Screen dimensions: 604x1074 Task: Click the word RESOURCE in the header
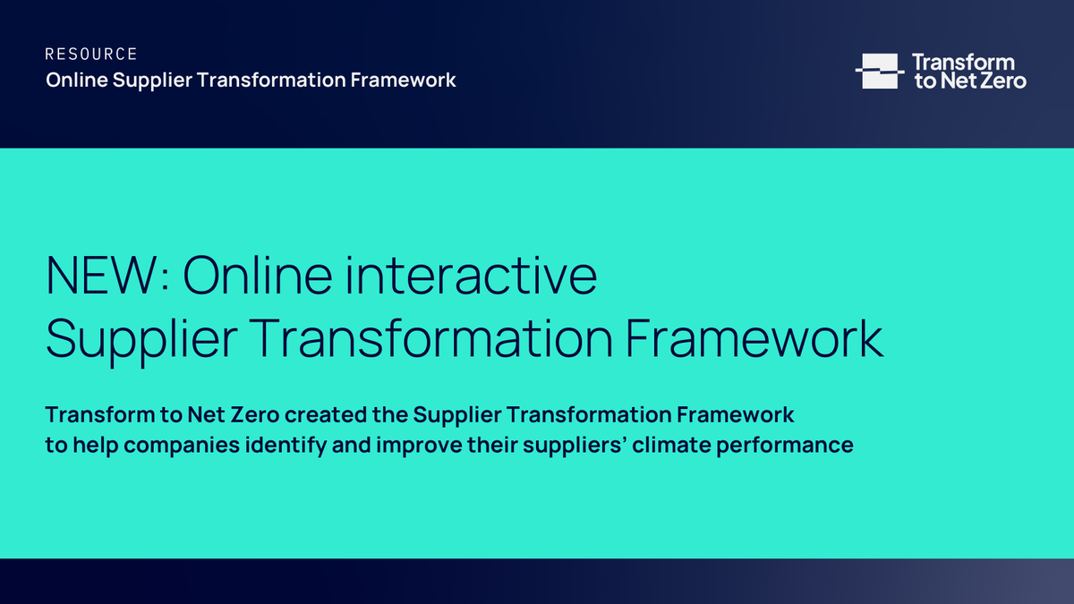(x=91, y=55)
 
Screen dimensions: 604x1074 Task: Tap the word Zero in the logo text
(x=1003, y=81)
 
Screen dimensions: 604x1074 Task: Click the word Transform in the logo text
(x=963, y=62)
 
